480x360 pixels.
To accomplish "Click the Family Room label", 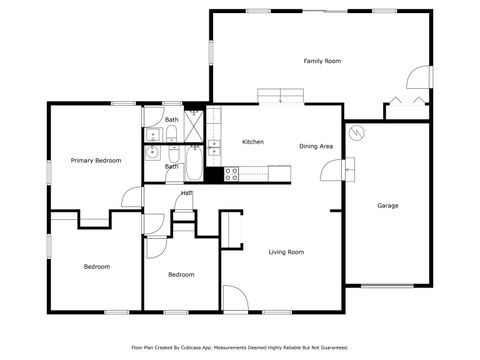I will point(322,61).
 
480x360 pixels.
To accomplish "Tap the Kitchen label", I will point(253,142).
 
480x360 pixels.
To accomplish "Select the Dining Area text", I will point(316,146).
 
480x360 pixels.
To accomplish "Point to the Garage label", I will point(387,206).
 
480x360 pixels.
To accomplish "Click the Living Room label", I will point(286,252).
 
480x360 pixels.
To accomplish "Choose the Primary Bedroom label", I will point(96,160).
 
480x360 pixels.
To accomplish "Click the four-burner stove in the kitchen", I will point(232,172).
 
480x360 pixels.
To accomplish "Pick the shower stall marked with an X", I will point(196,126).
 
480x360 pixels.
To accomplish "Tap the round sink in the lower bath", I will point(151,153).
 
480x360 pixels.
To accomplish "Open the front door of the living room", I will point(235,298).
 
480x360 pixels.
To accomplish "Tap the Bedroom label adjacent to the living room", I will point(181,274).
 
